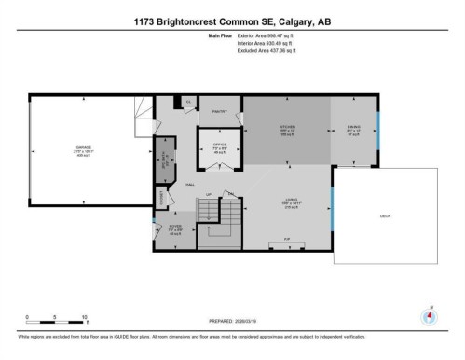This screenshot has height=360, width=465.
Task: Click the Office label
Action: [x=219, y=146]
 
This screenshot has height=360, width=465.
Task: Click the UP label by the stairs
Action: [x=210, y=194]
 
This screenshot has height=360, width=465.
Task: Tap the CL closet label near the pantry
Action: [x=189, y=100]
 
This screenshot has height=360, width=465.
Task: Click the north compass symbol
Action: [x=430, y=315]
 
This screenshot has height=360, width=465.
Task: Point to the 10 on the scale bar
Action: [x=85, y=318]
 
